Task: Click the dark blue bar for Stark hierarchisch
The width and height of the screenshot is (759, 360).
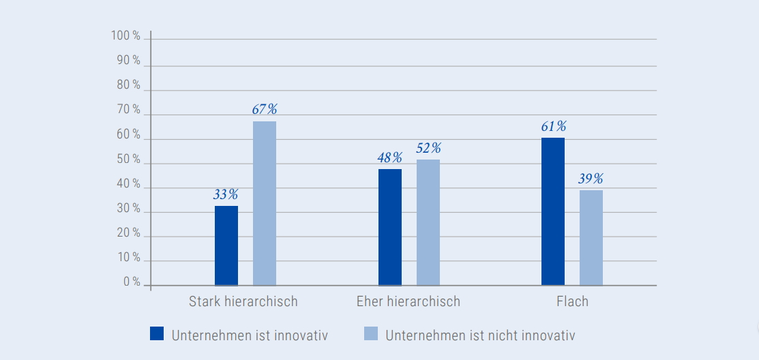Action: pos(226,245)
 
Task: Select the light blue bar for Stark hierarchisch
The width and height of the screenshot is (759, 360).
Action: pos(265,203)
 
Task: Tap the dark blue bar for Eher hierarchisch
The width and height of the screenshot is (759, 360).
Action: pos(390,227)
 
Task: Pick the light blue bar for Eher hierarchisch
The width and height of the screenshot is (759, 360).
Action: pos(428,222)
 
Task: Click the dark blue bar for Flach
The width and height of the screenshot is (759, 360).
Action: pos(553,211)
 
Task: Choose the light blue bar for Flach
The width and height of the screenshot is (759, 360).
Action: pos(591,238)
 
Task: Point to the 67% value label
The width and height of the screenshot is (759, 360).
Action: pos(265,109)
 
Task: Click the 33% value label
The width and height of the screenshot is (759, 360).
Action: pos(226,194)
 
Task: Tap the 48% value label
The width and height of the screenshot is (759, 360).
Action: pos(390,157)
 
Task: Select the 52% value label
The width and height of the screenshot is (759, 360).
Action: pos(428,148)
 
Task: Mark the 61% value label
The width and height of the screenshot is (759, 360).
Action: pos(553,126)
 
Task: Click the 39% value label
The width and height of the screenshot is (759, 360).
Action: pos(591,179)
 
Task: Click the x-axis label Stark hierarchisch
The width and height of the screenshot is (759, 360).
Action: pos(243,301)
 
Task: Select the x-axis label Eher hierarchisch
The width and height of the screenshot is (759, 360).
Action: pos(408,301)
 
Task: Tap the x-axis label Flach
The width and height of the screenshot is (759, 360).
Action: pos(572,301)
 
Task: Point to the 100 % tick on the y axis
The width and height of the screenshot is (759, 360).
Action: pos(126,36)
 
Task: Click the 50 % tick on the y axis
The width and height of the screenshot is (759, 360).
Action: pos(128,160)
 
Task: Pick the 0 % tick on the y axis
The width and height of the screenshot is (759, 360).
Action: pos(132,282)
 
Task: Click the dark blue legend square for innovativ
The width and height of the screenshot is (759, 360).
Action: pos(157,333)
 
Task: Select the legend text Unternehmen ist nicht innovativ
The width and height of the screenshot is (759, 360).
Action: pos(480,335)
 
